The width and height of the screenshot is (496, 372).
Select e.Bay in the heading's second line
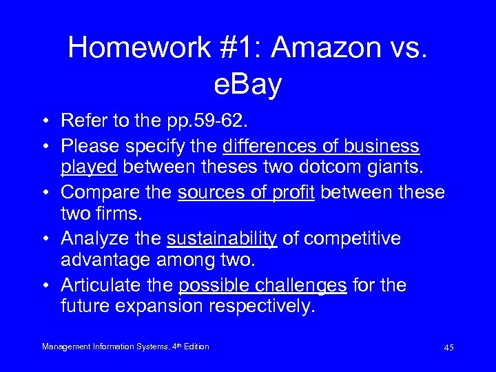(x=248, y=85)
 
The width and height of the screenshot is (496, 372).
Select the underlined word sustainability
(x=222, y=239)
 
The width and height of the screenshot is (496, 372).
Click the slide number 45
(x=448, y=348)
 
